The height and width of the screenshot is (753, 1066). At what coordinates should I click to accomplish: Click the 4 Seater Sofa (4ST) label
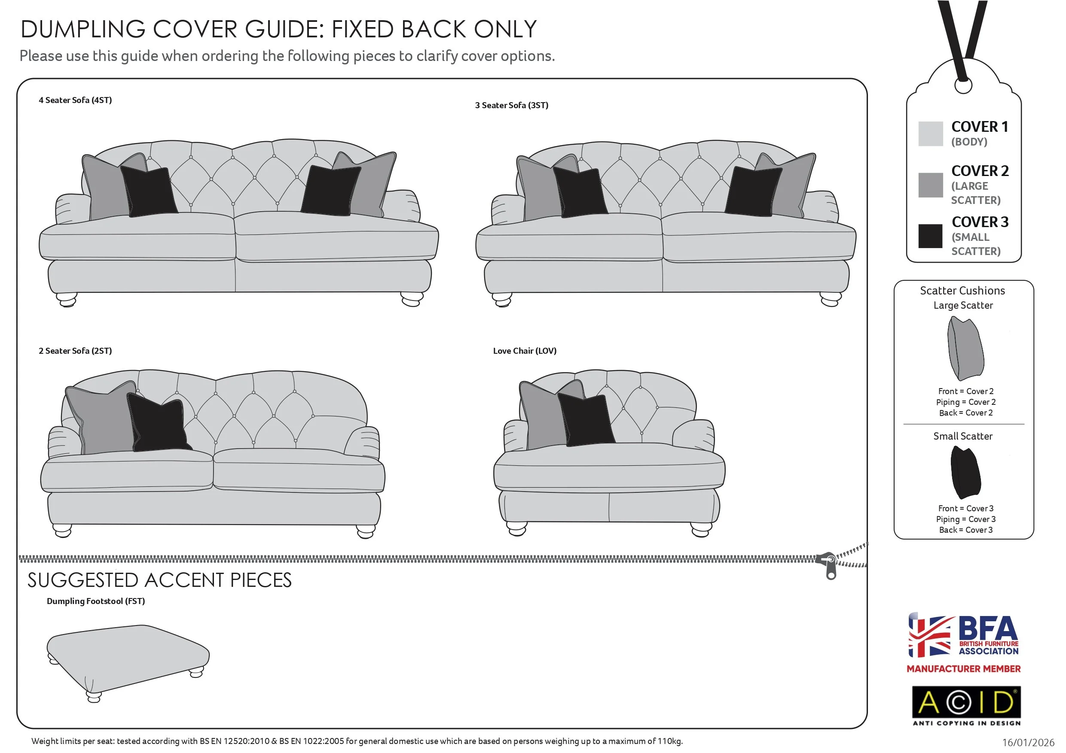75,100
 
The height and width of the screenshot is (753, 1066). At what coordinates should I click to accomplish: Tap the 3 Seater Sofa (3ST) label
511,105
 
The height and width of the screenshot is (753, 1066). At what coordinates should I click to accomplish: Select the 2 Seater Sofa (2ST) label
75,351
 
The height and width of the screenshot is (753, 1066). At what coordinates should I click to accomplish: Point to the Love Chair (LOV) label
525,351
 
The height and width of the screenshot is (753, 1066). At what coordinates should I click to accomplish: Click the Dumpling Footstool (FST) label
96,601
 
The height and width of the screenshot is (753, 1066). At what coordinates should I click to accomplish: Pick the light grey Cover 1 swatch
930,134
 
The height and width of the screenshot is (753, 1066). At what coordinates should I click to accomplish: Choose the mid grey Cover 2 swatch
930,185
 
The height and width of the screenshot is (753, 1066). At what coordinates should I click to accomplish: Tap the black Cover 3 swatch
930,236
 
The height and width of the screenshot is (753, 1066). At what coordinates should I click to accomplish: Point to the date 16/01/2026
1028,742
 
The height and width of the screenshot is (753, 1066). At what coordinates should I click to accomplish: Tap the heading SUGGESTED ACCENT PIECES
159,580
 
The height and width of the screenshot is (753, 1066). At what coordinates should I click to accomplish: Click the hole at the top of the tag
963,85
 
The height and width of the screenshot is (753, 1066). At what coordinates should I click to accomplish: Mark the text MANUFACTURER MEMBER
963,668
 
